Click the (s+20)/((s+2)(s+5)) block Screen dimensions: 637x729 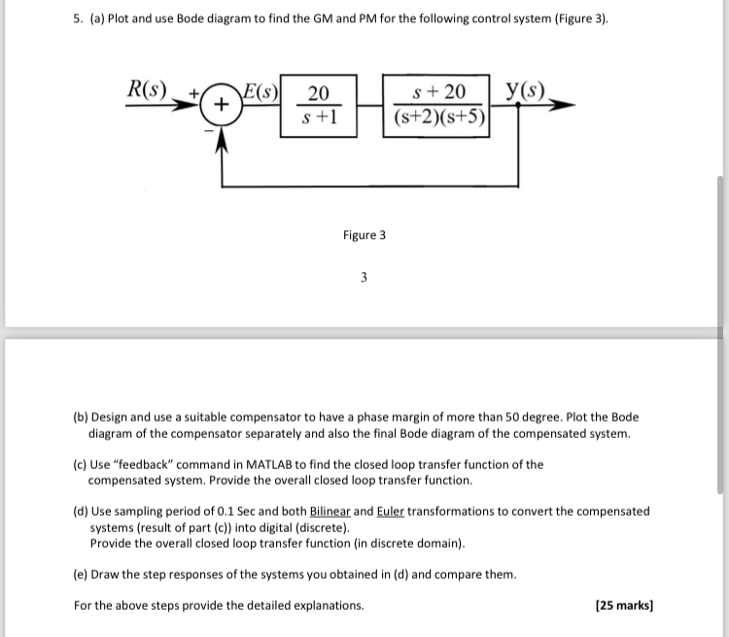click(x=439, y=105)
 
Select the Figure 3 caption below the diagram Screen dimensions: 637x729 click(x=364, y=235)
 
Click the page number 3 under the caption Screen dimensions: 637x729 click(x=364, y=278)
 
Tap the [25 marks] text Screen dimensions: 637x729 click(x=623, y=605)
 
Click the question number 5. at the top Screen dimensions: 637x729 click(x=79, y=18)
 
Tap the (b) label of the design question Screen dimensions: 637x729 click(x=82, y=418)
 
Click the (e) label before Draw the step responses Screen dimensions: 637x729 click(x=82, y=574)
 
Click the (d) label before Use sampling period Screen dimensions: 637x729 click(x=82, y=511)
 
